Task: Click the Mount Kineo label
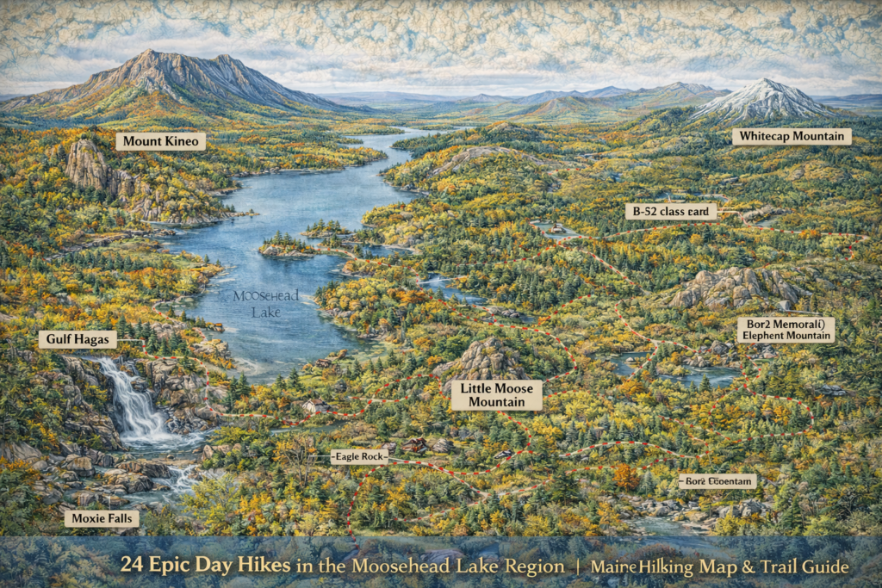(160, 141)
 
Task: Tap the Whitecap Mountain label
(792, 136)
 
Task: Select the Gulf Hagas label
(78, 340)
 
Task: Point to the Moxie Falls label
(101, 518)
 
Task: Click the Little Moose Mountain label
(497, 395)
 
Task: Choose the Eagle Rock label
(359, 457)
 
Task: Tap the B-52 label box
(671, 212)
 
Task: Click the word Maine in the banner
(610, 566)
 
